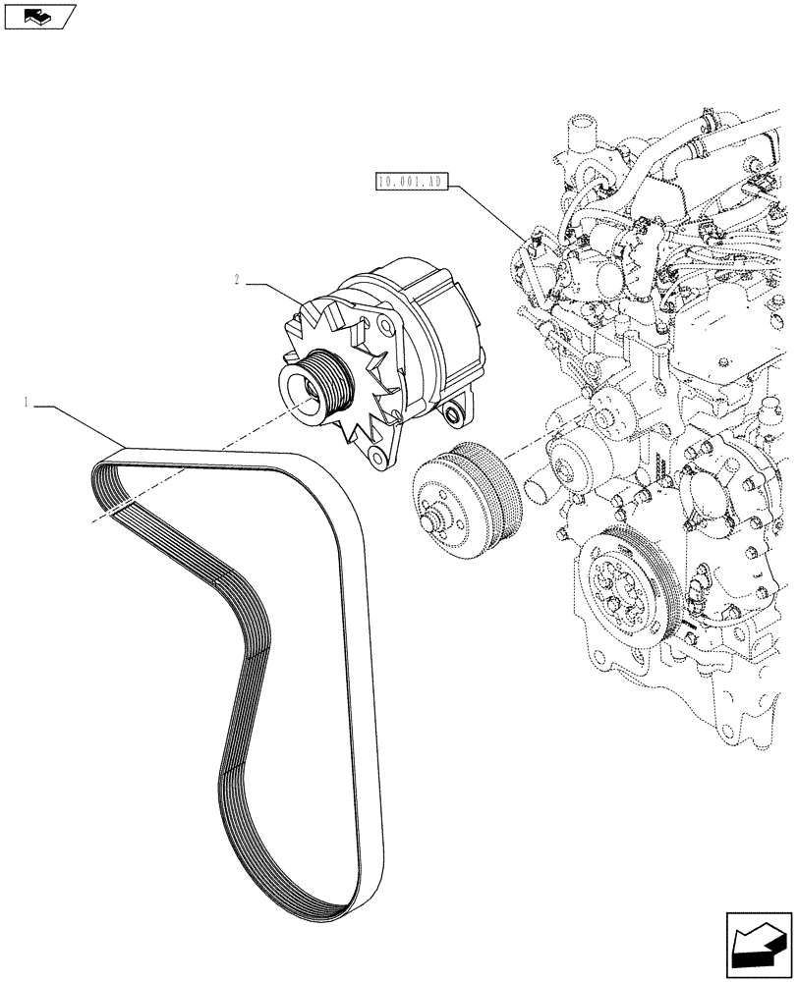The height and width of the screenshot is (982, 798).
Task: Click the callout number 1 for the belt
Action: [x=28, y=401]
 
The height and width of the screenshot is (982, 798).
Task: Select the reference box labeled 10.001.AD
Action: [x=411, y=181]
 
